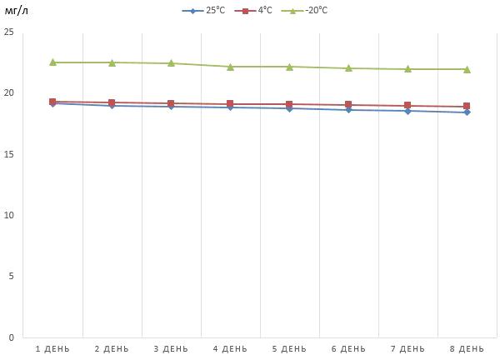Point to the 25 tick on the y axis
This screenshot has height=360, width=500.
tap(9, 32)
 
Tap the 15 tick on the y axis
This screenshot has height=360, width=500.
tap(9, 154)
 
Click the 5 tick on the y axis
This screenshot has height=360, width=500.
tap(12, 276)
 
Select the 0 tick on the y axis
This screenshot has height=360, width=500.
tap(12, 337)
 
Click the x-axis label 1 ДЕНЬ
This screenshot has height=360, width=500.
tap(52, 348)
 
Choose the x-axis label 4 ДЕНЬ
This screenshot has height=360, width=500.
tap(230, 348)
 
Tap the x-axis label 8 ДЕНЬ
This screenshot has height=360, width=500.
tap(467, 348)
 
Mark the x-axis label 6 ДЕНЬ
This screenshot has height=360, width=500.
tap(348, 348)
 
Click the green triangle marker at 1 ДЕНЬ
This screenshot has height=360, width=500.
tap(52, 62)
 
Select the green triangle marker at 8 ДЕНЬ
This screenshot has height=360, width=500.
tap(467, 69)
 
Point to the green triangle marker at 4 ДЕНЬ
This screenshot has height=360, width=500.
tap(230, 67)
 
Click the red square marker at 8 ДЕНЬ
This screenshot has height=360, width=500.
tap(467, 107)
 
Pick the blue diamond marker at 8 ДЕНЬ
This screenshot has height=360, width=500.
tap(467, 112)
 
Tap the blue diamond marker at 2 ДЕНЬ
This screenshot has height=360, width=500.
tap(112, 106)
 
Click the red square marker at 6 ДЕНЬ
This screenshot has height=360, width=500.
tap(348, 105)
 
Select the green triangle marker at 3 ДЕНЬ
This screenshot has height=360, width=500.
tap(171, 63)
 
